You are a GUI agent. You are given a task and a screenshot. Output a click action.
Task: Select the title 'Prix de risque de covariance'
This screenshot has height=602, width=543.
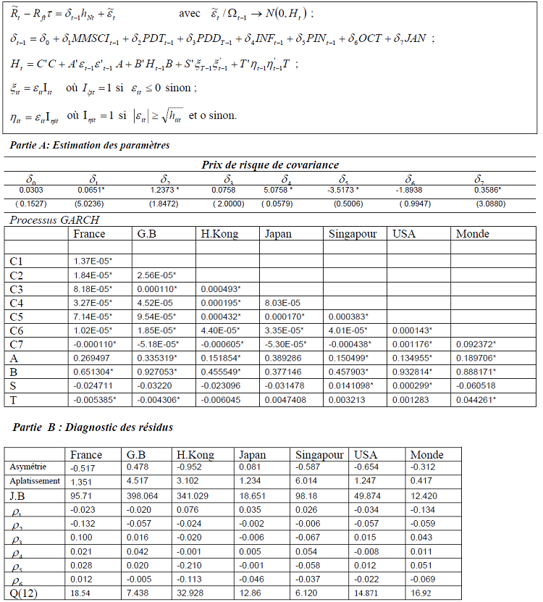click(x=270, y=165)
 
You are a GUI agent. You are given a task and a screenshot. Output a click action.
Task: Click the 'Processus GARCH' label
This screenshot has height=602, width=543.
click(x=55, y=220)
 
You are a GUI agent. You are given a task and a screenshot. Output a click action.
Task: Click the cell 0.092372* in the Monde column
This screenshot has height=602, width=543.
click(x=476, y=344)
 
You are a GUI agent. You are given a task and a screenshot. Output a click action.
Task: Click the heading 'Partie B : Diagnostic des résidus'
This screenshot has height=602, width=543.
click(x=94, y=427)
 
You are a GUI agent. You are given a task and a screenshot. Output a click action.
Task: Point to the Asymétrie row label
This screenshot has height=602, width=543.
click(x=28, y=467)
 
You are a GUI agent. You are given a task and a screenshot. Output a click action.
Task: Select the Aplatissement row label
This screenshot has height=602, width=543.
click(x=34, y=481)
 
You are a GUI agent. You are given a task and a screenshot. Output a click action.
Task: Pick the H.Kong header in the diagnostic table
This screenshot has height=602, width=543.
click(x=195, y=455)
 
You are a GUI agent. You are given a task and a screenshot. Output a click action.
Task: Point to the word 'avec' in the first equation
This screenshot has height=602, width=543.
click(x=191, y=14)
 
